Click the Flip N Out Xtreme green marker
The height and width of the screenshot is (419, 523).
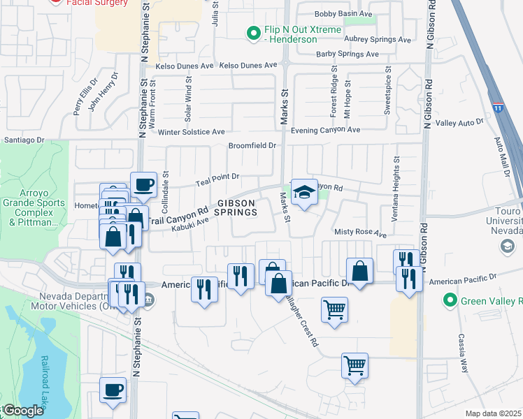(253, 32)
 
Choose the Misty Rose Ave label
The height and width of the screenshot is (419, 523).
(360, 233)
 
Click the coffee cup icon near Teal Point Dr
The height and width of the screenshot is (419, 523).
(143, 184)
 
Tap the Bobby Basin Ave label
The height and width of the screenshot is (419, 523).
(343, 14)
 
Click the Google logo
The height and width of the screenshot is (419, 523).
(22, 411)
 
